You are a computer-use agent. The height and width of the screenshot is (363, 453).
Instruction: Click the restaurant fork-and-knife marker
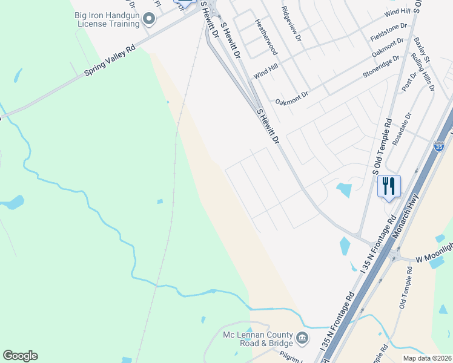pos(389,186)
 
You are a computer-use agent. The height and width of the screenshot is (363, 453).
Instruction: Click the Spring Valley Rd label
pos(110,63)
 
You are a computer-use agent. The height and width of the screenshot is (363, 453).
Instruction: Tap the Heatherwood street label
pos(265,36)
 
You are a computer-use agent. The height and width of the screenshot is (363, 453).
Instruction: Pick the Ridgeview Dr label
pos(292,24)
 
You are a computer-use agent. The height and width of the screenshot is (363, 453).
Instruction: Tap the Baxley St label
pos(422,51)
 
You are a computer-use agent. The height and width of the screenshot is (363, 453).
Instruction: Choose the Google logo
pos(20,356)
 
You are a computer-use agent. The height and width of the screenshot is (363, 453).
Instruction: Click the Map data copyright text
pos(427,358)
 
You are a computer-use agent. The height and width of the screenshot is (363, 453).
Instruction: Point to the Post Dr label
pos(409,84)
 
